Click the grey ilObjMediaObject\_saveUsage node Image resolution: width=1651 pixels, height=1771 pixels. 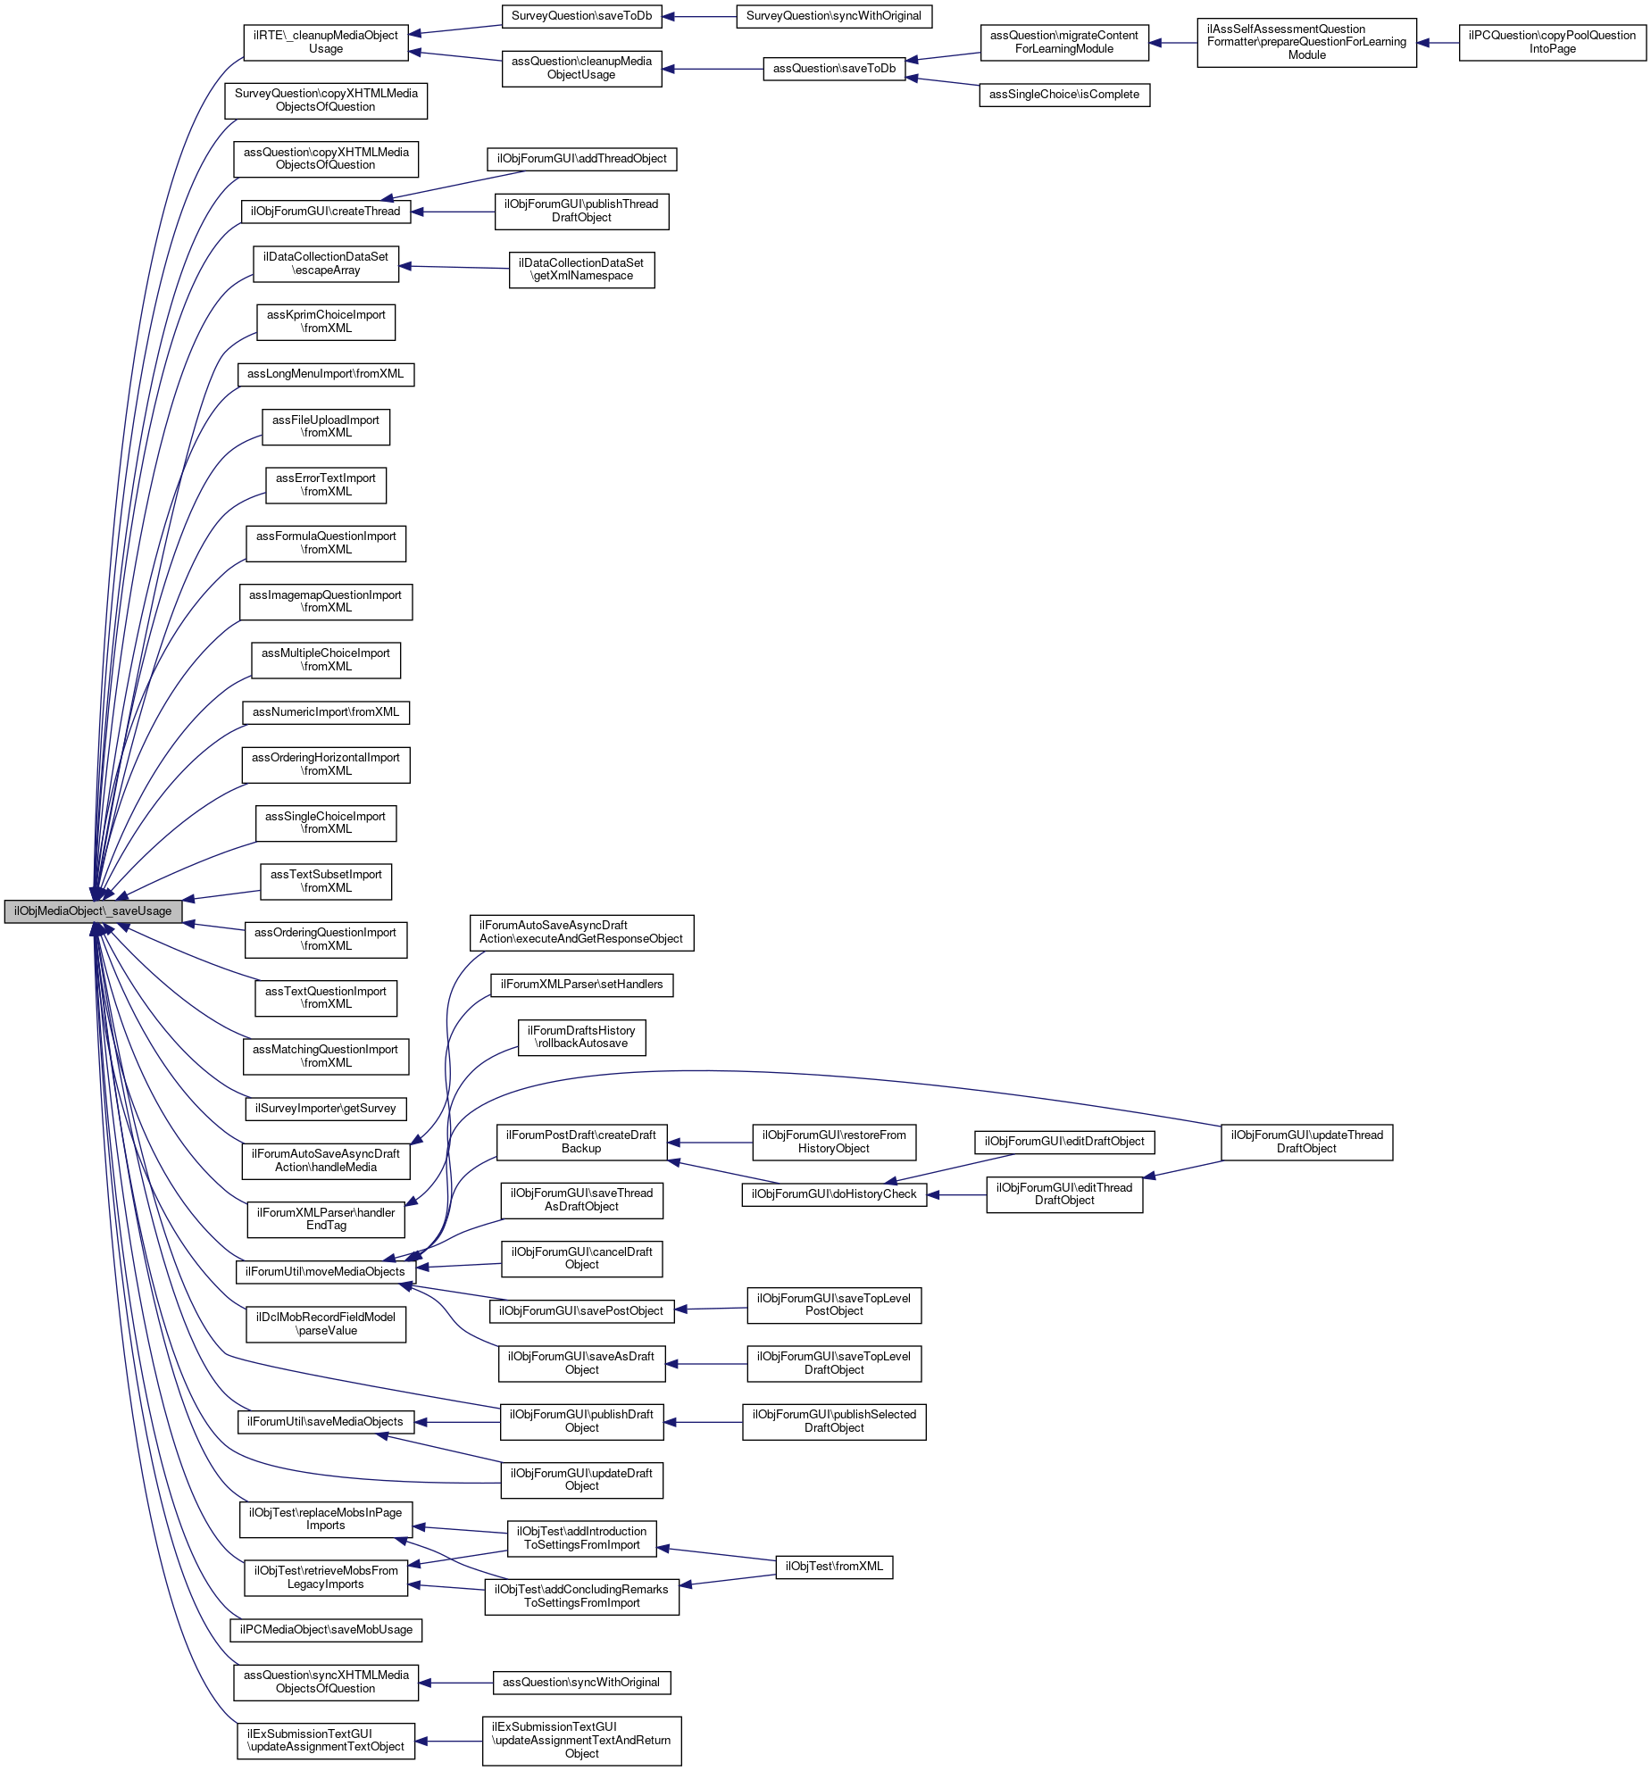click(x=93, y=911)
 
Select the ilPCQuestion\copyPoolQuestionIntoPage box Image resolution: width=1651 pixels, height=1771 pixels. click(x=1552, y=43)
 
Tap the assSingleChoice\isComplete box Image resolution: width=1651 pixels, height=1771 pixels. click(x=1064, y=95)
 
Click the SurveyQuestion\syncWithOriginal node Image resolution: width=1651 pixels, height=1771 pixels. click(x=834, y=16)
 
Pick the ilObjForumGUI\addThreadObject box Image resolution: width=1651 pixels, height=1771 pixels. click(x=582, y=159)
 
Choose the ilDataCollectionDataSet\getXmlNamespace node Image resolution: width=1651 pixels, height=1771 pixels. click(x=582, y=270)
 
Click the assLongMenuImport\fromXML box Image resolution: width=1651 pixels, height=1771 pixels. click(x=326, y=374)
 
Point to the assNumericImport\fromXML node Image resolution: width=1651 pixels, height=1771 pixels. click(x=326, y=712)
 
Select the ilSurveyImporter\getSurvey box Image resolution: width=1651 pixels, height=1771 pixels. click(x=326, y=1109)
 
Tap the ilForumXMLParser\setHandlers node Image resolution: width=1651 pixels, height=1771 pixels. click(x=582, y=985)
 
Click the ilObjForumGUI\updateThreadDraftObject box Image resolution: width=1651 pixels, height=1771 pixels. click(x=1306, y=1142)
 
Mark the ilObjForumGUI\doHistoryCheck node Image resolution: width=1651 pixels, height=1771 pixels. click(x=834, y=1194)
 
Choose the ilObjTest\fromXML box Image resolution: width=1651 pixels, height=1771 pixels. click(x=834, y=1567)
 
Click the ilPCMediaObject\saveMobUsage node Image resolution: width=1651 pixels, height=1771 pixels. click(x=326, y=1630)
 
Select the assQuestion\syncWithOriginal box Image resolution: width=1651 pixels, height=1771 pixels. click(x=581, y=1683)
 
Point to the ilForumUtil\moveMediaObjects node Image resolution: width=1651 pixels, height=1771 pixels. click(x=326, y=1272)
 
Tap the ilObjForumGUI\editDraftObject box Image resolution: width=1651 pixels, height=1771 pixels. click(x=1064, y=1142)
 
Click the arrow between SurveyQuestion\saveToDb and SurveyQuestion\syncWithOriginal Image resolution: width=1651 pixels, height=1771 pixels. click(x=699, y=16)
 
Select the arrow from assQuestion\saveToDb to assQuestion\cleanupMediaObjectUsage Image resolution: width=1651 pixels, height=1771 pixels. click(x=713, y=69)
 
